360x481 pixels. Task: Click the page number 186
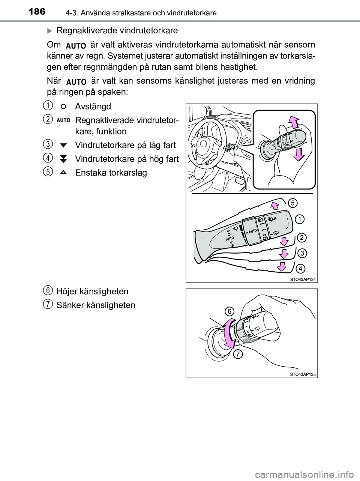point(36,12)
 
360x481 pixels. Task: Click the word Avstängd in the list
point(93,107)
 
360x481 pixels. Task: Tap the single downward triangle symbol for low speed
point(63,145)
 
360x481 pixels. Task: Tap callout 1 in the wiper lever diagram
point(299,218)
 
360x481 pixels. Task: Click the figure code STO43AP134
point(303,279)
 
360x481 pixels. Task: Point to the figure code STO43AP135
point(303,374)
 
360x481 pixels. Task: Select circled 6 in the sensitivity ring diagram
point(229,311)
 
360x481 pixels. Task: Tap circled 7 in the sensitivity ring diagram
point(237,354)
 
